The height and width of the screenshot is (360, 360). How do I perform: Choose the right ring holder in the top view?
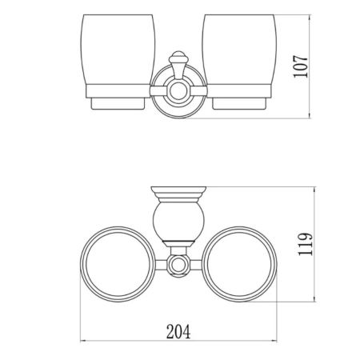241,263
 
